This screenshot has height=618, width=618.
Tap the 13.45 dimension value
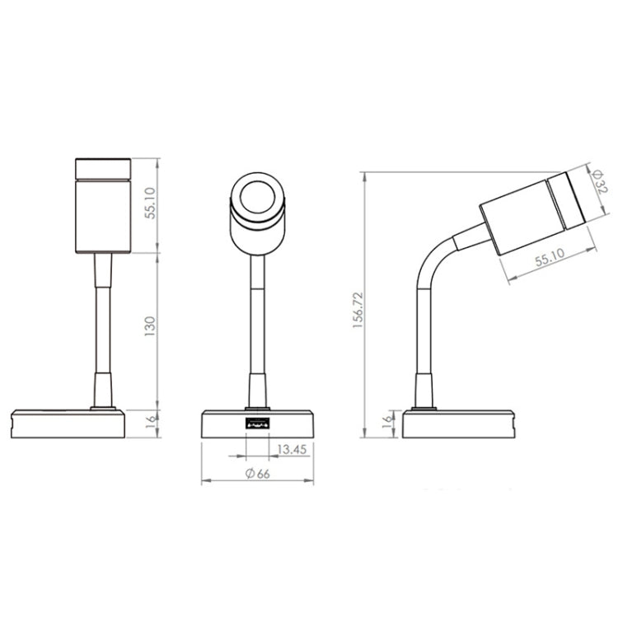pyautogui.click(x=292, y=450)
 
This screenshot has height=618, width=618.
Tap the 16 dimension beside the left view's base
pyautogui.click(x=150, y=424)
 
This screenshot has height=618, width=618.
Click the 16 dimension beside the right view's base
pyautogui.click(x=386, y=424)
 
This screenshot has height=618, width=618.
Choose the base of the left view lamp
pyautogui.click(x=66, y=424)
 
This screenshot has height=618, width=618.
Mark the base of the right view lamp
pyautogui.click(x=456, y=424)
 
